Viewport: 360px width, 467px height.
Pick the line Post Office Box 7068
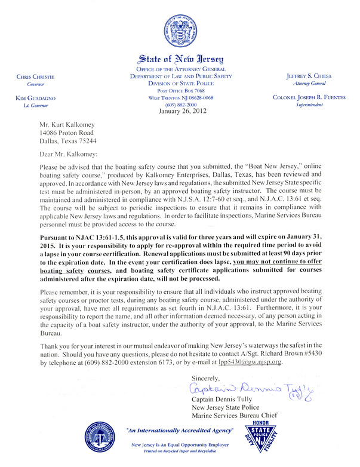pos(180,90)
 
